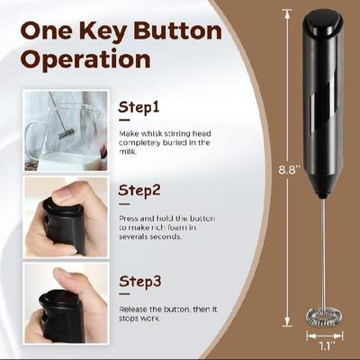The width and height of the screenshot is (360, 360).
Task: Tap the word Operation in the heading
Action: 85,60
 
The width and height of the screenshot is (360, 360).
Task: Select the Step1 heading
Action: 139,108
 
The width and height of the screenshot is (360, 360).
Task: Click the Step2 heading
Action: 140,193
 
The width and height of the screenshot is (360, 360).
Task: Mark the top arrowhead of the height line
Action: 287,12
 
